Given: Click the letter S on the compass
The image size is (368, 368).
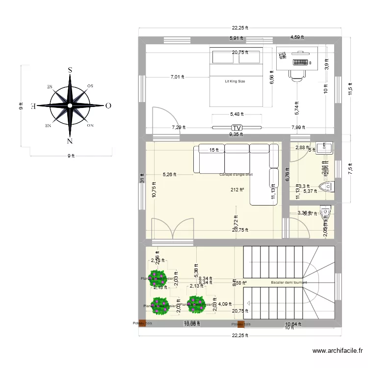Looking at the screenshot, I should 70,70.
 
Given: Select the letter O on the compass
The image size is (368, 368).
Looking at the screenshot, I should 108,105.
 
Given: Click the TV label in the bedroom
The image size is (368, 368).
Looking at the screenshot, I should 237,128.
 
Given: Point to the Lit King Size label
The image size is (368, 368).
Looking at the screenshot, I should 235,81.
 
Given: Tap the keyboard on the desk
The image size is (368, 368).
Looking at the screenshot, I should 301,62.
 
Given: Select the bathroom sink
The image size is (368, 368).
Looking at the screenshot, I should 325,147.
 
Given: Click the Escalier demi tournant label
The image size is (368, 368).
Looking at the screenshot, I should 289,282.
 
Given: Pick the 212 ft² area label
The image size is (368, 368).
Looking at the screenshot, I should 237,189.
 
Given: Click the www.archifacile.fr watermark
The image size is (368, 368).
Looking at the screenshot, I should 338,351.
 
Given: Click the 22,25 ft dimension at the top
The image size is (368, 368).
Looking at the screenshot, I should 240,28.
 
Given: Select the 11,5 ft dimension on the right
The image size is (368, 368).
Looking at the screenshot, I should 350,90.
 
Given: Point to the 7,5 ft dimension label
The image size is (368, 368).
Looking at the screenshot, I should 350,168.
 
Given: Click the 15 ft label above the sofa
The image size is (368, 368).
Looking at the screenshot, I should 213,150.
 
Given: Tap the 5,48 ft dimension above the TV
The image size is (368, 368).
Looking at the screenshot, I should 237,114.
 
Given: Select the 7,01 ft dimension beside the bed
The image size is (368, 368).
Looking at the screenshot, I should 178,77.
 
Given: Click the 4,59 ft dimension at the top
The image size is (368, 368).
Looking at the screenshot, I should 297,37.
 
